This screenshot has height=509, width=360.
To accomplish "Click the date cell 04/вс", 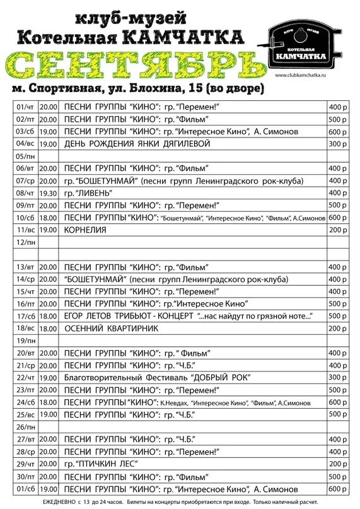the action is click(x=26, y=144).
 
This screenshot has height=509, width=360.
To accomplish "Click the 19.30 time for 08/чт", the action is click(x=48, y=193).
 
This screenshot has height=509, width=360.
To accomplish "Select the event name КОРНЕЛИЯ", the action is click(x=85, y=230).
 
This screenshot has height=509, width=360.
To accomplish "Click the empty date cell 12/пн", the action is click(x=26, y=242).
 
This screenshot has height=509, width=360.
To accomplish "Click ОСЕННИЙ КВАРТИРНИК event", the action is click(x=111, y=328).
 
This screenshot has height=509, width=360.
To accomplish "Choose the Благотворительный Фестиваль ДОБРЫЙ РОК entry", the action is click(x=157, y=377).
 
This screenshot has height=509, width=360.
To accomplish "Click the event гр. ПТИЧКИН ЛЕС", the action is click(x=101, y=464).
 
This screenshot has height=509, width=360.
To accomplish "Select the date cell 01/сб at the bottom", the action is click(x=26, y=488).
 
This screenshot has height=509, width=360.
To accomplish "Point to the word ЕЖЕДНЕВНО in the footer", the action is click(x=60, y=501).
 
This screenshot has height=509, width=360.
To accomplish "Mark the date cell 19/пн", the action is click(x=26, y=341).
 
